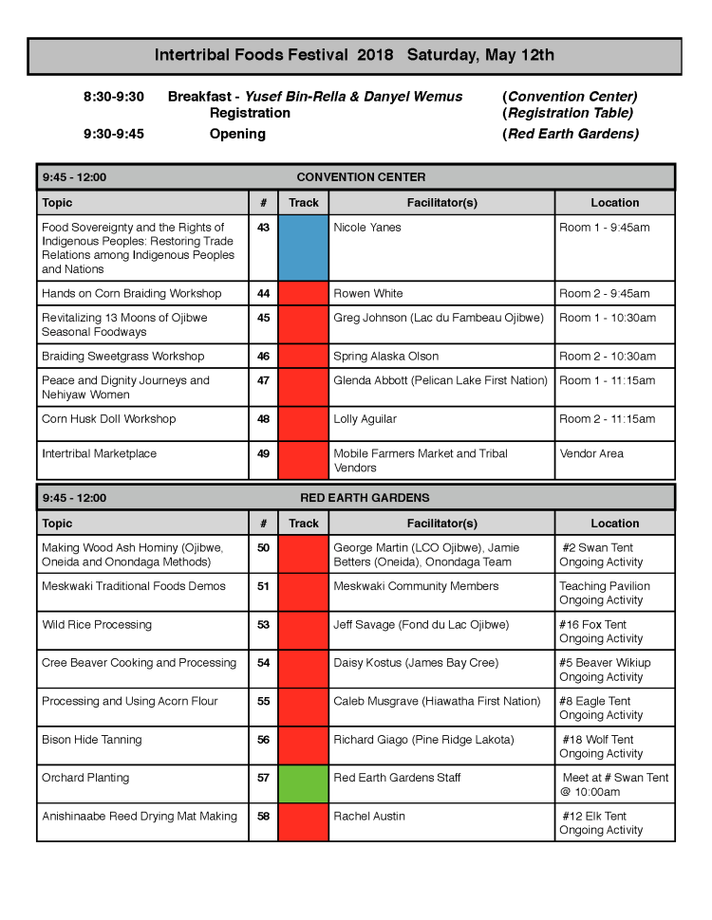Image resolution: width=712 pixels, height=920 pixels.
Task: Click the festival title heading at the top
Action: pyautogui.click(x=354, y=55)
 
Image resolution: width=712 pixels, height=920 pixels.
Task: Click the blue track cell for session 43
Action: pyautogui.click(x=303, y=248)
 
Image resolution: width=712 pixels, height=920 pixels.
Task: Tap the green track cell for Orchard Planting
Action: pyautogui.click(x=303, y=784)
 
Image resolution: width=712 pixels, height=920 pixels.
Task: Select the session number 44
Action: pyautogui.click(x=263, y=294)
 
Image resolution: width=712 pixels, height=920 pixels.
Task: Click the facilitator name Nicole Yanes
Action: pyautogui.click(x=367, y=228)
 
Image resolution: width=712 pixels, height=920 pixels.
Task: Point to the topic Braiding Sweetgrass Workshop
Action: pyautogui.click(x=122, y=357)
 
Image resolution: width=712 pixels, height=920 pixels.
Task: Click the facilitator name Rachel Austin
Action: pyautogui.click(x=369, y=817)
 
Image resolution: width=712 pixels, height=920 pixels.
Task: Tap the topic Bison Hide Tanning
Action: pyautogui.click(x=91, y=740)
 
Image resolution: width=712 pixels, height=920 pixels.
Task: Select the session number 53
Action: pyautogui.click(x=263, y=625)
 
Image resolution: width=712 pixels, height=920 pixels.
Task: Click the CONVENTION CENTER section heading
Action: pyautogui.click(x=361, y=177)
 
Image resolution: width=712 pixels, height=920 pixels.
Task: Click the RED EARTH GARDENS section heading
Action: pyautogui.click(x=365, y=498)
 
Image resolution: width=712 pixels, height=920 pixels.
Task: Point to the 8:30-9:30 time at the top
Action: pyautogui.click(x=113, y=97)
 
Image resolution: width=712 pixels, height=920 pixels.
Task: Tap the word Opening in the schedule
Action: pyautogui.click(x=237, y=134)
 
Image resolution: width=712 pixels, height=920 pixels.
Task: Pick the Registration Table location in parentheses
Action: pyautogui.click(x=568, y=113)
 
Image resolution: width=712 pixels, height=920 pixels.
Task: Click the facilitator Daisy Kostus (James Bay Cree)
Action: pyautogui.click(x=416, y=663)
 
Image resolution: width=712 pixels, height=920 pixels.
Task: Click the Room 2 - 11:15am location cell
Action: pyautogui.click(x=608, y=419)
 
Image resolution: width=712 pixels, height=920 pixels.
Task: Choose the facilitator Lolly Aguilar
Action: pyautogui.click(x=365, y=419)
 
